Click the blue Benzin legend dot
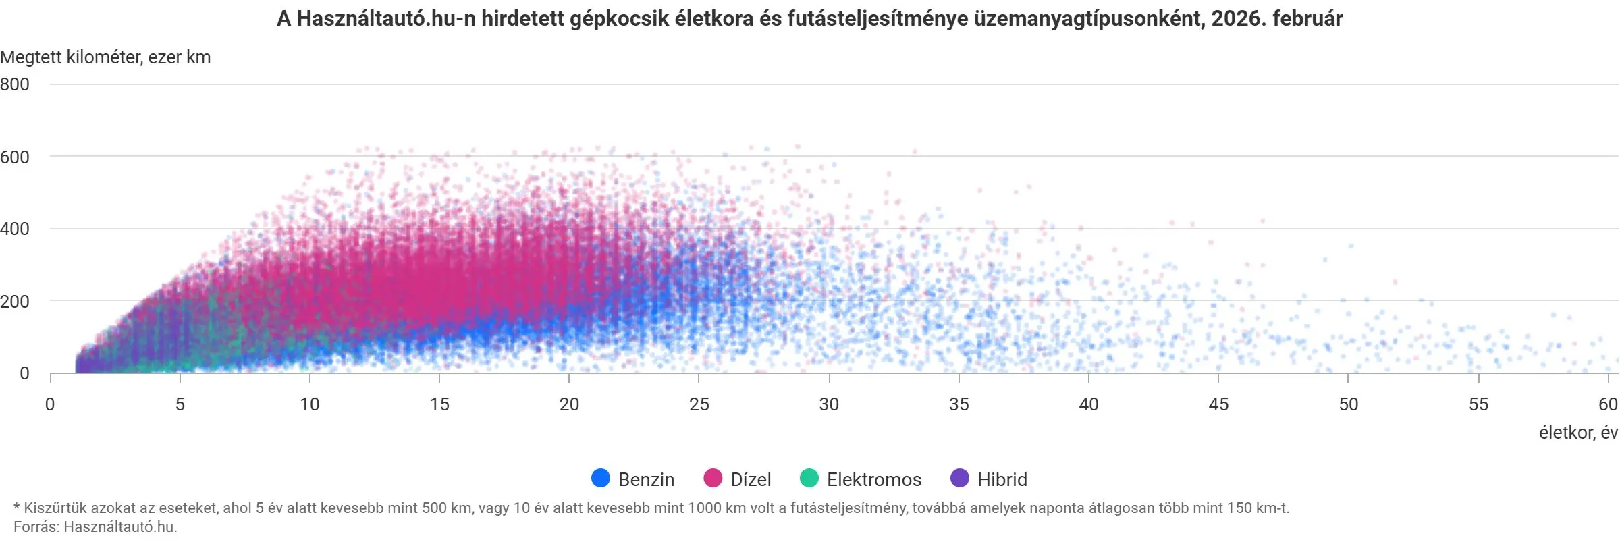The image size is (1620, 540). point(600,479)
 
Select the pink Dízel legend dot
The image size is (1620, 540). point(713,479)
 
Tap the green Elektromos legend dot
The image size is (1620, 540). point(809,479)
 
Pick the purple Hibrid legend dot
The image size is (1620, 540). point(959,479)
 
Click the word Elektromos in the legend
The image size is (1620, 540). point(873,479)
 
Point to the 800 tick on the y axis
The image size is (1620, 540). point(15,84)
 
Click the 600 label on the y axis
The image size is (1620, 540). point(15,157)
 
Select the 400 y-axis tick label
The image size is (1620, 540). point(15,229)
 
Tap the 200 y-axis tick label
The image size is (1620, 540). point(15,301)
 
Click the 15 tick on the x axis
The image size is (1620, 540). point(439,404)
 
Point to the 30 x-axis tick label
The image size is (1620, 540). point(829,404)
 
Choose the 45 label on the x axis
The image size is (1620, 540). point(1218,404)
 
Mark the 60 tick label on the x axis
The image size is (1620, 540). point(1608,404)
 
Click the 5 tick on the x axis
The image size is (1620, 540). point(180,404)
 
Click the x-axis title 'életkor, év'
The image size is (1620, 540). point(1578,433)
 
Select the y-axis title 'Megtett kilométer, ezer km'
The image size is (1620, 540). point(106,57)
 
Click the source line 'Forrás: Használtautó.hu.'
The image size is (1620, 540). point(95,526)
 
